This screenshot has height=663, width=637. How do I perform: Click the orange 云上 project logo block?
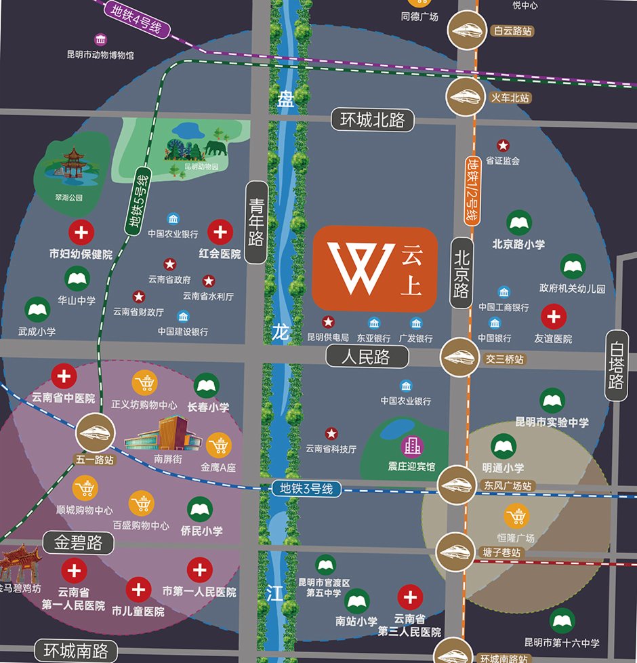pyautogui.click(x=375, y=268)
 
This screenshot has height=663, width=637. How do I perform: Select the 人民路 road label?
pyautogui.click(x=367, y=356)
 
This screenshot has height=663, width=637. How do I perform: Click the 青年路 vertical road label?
pyautogui.click(x=256, y=222)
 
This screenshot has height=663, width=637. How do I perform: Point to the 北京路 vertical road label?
pyautogui.click(x=462, y=273)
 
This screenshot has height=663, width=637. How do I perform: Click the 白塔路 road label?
pyautogui.click(x=616, y=365)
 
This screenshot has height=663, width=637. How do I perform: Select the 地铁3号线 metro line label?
pyautogui.click(x=306, y=488)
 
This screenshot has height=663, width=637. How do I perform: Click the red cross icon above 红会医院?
pyautogui.click(x=220, y=233)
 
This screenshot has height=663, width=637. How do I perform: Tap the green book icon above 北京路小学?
pyautogui.click(x=519, y=223)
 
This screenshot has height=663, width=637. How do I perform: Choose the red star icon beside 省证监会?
pyautogui.click(x=503, y=145)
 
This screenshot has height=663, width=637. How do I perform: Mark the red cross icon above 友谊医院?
pyautogui.click(x=554, y=316)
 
